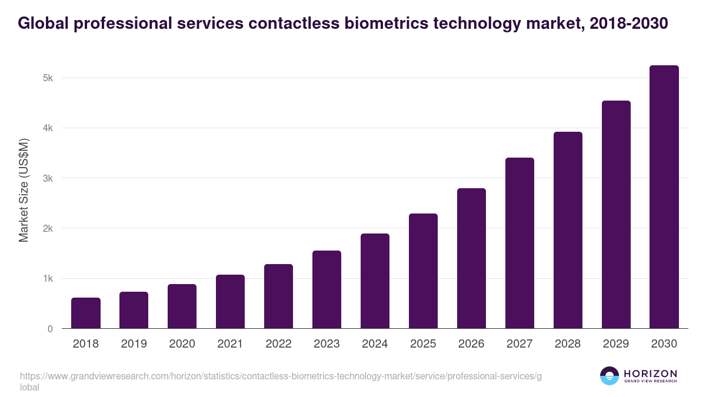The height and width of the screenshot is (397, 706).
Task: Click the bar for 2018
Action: pos(86,313)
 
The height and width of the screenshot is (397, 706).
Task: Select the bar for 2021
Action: pos(230,301)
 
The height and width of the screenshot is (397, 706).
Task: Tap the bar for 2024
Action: pos(375,281)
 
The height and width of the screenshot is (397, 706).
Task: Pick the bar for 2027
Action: pos(519,243)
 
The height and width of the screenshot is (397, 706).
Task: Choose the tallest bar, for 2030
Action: pos(664,196)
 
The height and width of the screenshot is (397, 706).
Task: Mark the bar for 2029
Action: pos(616,214)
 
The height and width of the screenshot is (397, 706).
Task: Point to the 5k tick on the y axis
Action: pos(48,78)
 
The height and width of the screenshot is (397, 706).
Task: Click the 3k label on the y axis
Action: pos(48,178)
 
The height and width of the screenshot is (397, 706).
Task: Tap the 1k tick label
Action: pos(48,279)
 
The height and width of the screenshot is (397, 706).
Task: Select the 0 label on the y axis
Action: pos(50,329)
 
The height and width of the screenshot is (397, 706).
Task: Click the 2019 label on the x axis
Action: pos(134,344)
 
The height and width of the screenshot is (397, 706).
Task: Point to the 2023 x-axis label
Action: pos(327,344)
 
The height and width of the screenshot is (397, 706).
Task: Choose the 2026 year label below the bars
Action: pos(471,344)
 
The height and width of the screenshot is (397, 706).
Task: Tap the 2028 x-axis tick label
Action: pos(568,344)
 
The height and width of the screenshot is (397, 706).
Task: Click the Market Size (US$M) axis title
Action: pos(24,191)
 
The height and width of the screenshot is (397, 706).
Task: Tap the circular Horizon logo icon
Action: pos(610,376)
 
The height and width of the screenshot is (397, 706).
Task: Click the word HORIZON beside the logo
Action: pos(650,373)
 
